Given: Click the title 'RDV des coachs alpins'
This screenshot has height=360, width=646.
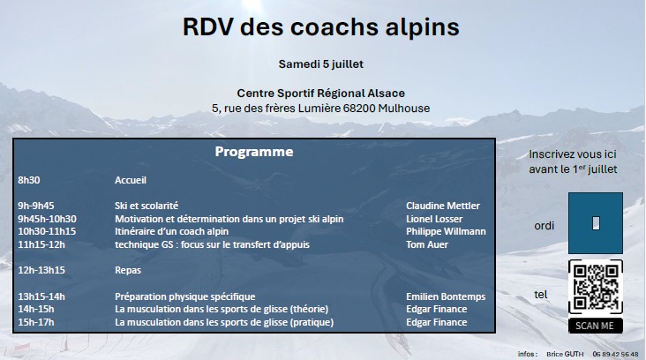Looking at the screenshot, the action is pos(321,27).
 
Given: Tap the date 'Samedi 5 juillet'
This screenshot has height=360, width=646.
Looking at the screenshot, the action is pos(321,64).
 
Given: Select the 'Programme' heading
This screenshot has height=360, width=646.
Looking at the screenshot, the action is pos(254,152).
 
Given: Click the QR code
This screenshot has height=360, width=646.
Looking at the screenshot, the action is pos(596,287).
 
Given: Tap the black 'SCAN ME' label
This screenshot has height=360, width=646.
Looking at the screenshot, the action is pos(596,326).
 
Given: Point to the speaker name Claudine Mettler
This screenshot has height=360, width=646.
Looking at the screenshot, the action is pos(443,206).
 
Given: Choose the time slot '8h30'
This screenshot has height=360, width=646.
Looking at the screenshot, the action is pos(29,180).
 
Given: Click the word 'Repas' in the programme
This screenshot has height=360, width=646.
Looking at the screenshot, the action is pos(128,270).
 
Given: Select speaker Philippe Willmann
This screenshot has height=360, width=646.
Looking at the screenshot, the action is pos(446,231).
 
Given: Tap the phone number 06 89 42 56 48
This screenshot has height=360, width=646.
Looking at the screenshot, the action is pos(615,354).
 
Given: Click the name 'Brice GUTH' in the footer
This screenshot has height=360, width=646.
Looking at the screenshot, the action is pos(565,354).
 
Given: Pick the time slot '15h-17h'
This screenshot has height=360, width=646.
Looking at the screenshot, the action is pos(36,322).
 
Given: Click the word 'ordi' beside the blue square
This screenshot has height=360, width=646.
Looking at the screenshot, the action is pos(544,226).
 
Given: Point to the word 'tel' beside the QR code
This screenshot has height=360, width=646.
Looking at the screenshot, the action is pos(540,295).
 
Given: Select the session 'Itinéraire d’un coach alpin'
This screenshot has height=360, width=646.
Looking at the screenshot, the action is pos(171,231).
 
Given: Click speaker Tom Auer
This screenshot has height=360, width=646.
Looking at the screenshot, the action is pos(427,244).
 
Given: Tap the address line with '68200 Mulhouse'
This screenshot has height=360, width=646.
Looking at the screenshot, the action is pos(321,109).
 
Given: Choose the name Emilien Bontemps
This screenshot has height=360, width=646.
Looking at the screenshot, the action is pos(446,296).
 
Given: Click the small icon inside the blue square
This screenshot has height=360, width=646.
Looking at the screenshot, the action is pos(596,223).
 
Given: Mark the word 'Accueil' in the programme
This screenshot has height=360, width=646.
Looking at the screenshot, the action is pos(131,180).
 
